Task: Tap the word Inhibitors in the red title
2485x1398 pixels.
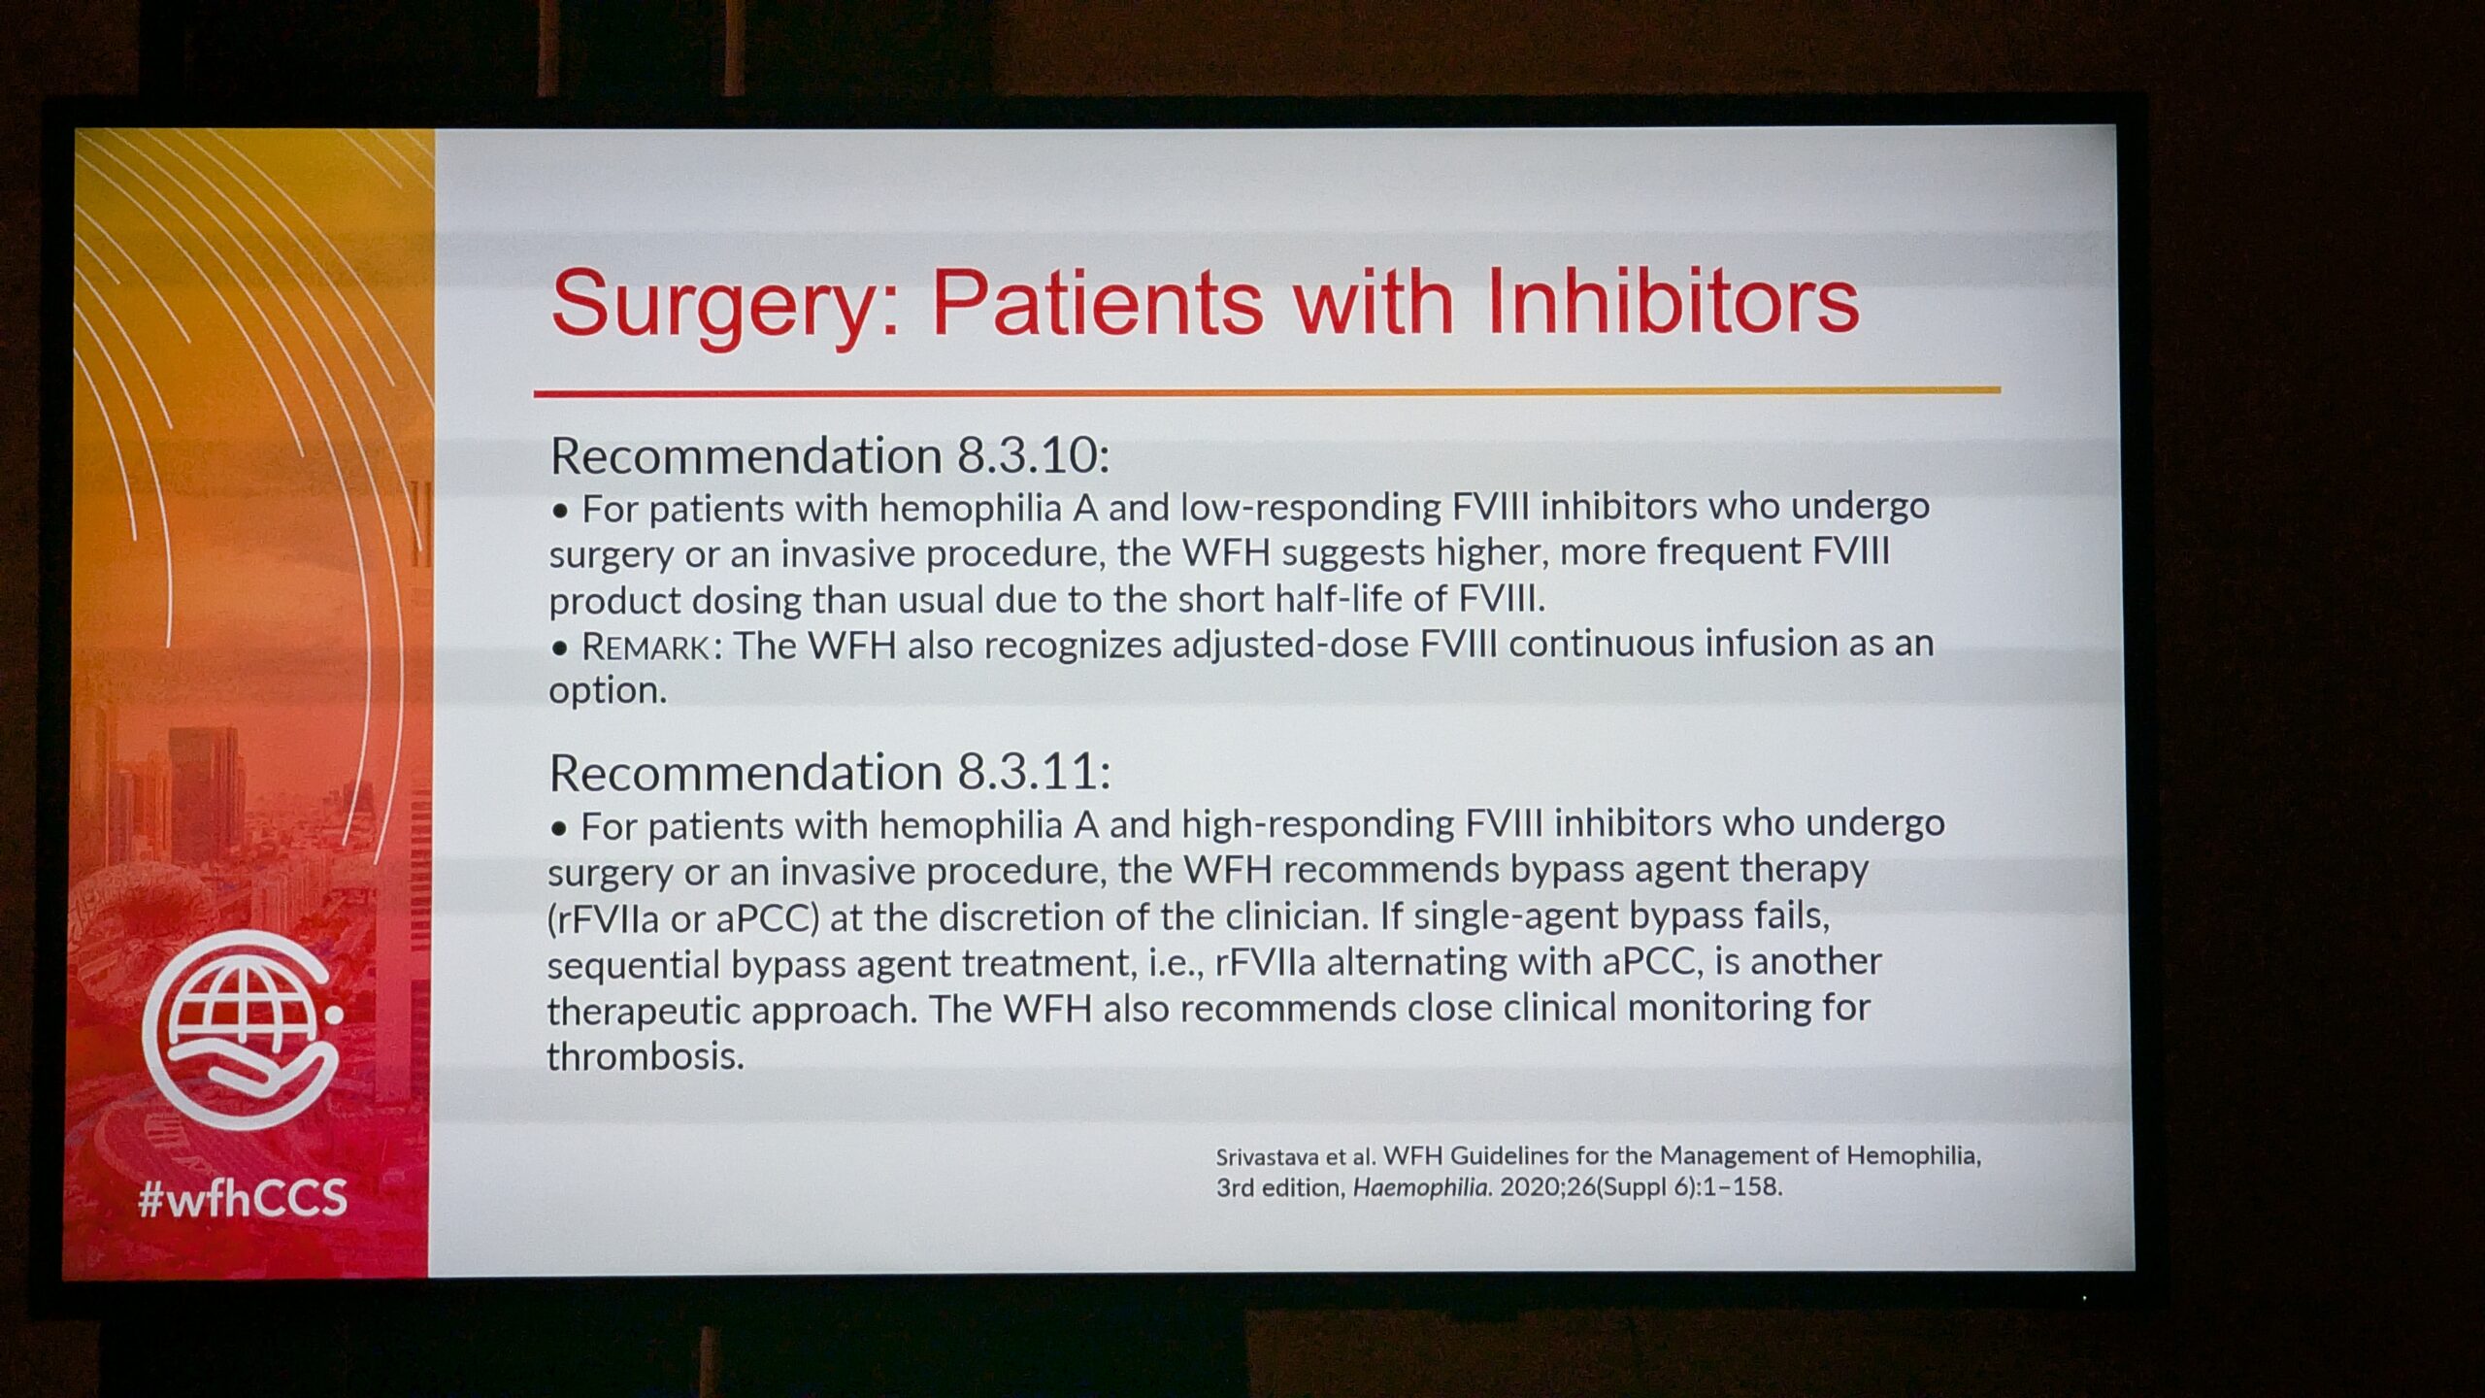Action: click(1672, 300)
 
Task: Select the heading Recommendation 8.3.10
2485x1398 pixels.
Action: click(830, 456)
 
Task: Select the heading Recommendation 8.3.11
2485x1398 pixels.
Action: click(830, 773)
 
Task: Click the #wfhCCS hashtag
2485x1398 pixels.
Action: click(243, 1198)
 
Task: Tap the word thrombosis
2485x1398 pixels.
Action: click(646, 1056)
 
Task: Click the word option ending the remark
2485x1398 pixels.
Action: click(608, 691)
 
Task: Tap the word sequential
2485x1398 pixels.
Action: click(633, 965)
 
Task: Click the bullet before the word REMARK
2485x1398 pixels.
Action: click(559, 649)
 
